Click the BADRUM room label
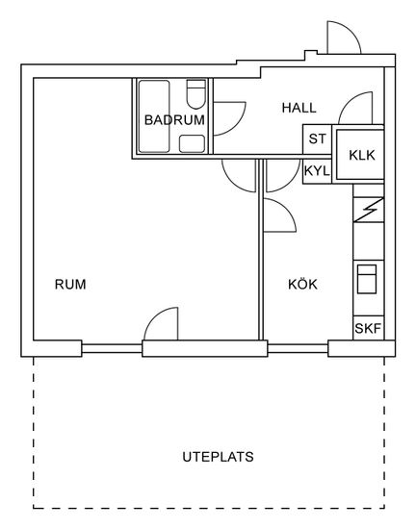(x=174, y=120)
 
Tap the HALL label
(x=299, y=108)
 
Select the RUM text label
(x=70, y=285)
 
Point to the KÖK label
(x=302, y=284)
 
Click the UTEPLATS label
(x=218, y=457)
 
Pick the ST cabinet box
(x=317, y=139)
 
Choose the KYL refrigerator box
(x=317, y=171)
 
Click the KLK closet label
(x=362, y=155)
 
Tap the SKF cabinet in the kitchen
(x=369, y=328)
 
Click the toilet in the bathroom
(x=195, y=94)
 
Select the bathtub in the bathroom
(x=154, y=116)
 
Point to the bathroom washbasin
(x=192, y=143)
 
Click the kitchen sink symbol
(x=367, y=279)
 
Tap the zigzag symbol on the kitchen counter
(x=369, y=210)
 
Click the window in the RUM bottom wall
(x=112, y=348)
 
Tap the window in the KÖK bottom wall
(x=298, y=348)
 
